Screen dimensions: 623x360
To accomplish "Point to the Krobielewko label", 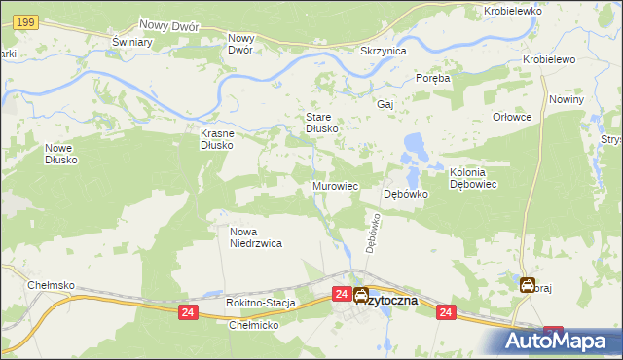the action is click(x=512, y=11).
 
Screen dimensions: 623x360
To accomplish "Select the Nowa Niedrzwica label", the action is click(x=256, y=238).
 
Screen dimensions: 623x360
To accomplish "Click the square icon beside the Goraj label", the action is click(x=527, y=285).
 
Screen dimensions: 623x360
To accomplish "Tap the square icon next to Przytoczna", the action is click(x=361, y=296).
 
